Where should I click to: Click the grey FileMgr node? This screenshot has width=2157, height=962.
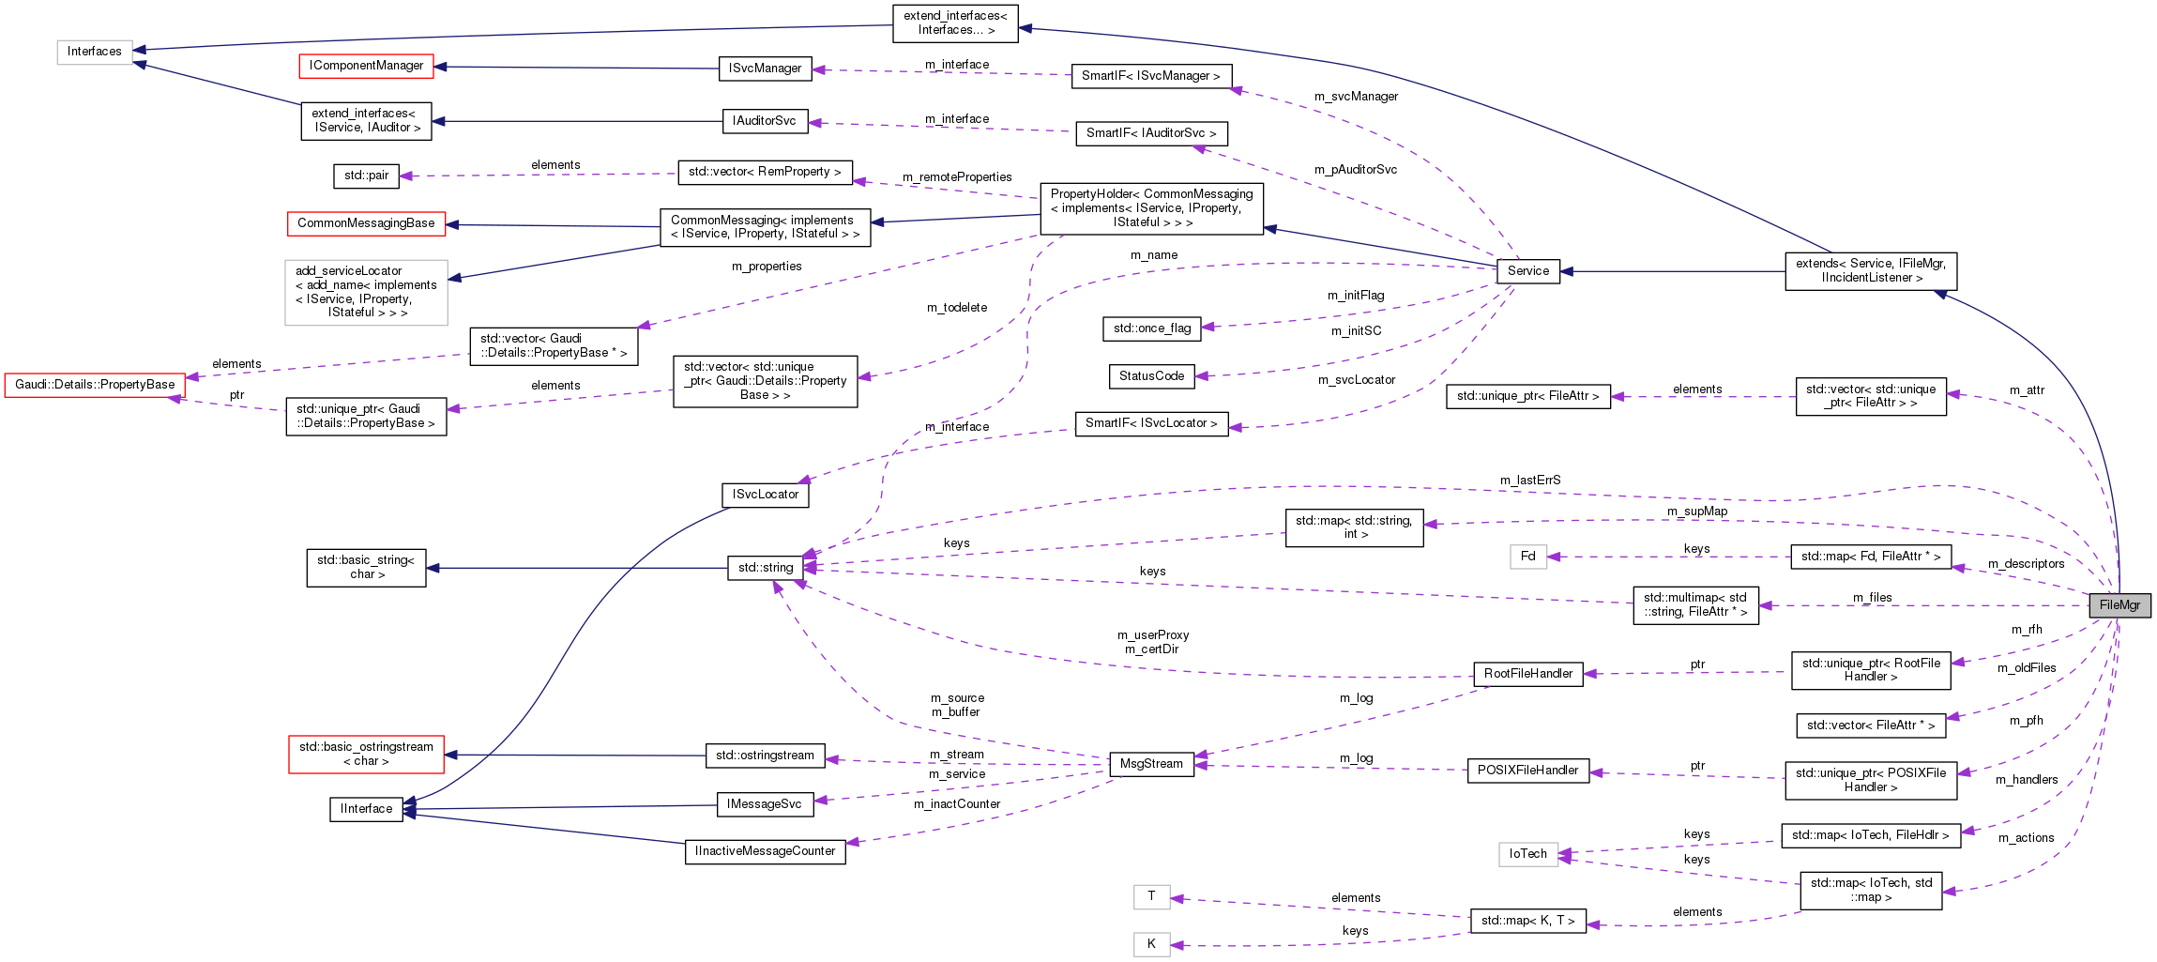(x=2119, y=605)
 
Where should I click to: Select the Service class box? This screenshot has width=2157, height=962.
(x=1527, y=271)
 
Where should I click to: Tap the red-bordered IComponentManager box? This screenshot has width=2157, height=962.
(x=366, y=66)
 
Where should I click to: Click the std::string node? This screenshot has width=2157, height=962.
(x=765, y=567)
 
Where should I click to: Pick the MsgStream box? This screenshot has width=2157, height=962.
(x=1150, y=764)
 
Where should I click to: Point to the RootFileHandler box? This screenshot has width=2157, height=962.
(x=1527, y=674)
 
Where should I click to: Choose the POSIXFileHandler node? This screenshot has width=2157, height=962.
(x=1527, y=771)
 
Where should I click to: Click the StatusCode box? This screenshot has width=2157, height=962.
(x=1151, y=376)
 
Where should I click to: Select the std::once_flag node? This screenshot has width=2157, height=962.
(x=1151, y=328)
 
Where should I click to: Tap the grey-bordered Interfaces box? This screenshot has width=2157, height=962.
(x=95, y=52)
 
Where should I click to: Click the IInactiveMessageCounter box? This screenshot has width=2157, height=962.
(x=765, y=851)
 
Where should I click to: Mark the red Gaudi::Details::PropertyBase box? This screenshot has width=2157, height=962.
(x=95, y=385)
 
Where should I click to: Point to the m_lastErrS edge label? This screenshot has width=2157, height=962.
(x=1529, y=481)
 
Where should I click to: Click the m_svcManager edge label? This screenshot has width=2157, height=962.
(x=1355, y=97)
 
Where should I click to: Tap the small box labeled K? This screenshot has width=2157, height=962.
(x=1151, y=944)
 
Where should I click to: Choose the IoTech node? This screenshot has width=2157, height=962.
(x=1527, y=854)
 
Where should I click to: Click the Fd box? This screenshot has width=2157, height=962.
(x=1527, y=557)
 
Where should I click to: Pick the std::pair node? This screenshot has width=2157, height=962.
(x=366, y=176)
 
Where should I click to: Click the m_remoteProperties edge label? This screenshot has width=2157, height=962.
(x=956, y=177)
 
